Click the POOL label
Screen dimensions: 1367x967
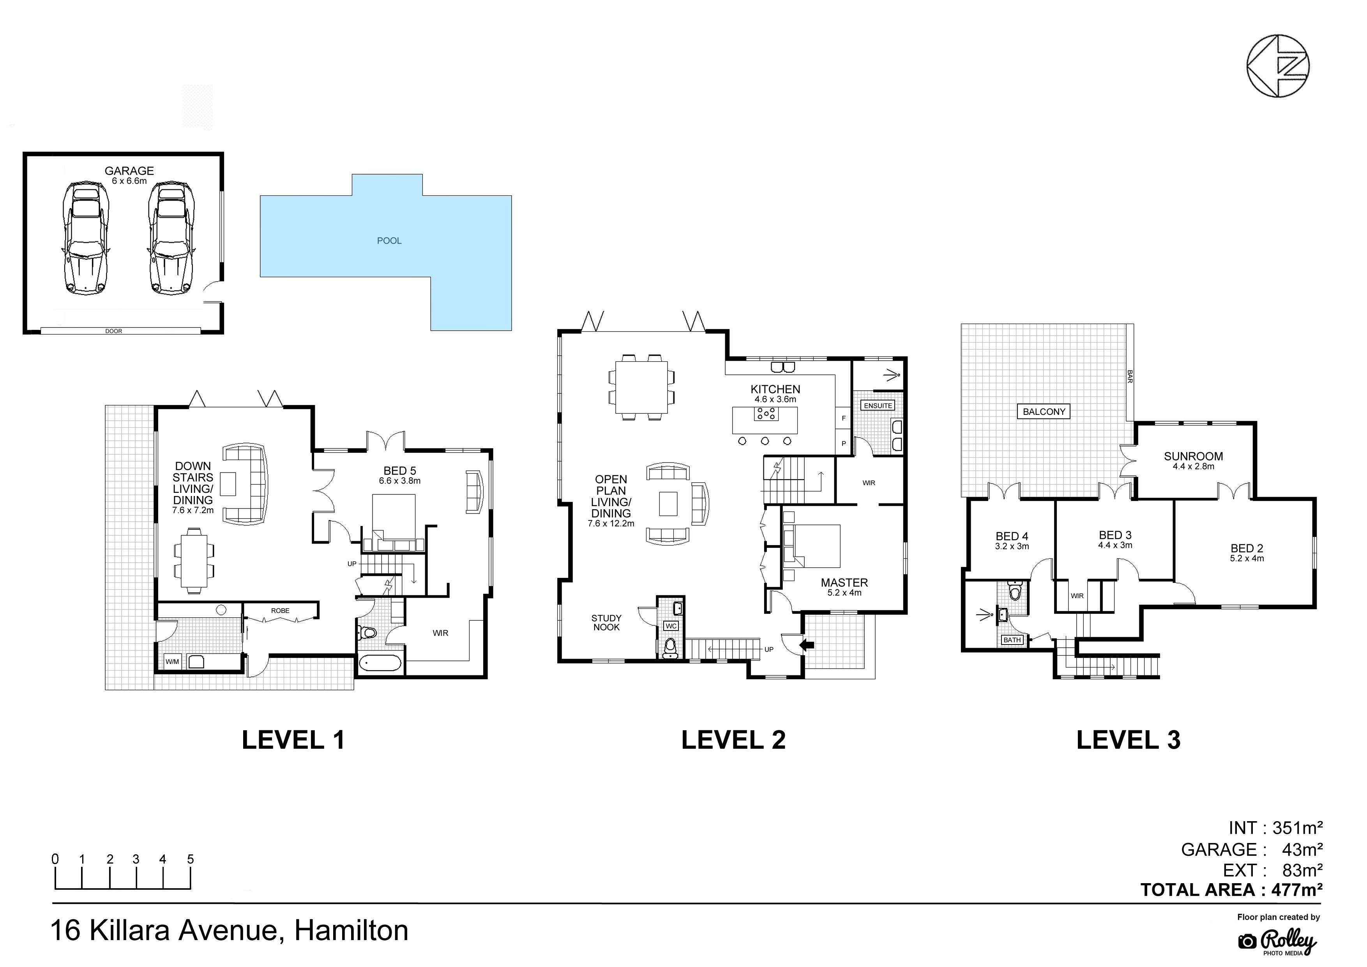(389, 241)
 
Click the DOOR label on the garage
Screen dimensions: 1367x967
(114, 331)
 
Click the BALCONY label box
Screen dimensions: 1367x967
(1044, 412)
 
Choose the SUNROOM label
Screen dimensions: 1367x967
(1193, 456)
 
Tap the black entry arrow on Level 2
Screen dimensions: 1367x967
(807, 644)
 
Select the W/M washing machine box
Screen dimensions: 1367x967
(172, 661)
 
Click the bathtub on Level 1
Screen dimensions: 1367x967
(380, 662)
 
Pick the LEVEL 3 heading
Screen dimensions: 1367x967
(1128, 740)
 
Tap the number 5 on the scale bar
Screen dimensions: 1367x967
(191, 859)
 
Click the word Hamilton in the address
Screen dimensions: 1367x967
(351, 931)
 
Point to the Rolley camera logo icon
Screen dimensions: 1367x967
(1247, 941)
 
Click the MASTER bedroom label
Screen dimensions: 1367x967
(844, 583)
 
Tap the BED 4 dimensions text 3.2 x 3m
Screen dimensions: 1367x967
(1012, 546)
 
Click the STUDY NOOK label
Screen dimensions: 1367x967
(606, 623)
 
